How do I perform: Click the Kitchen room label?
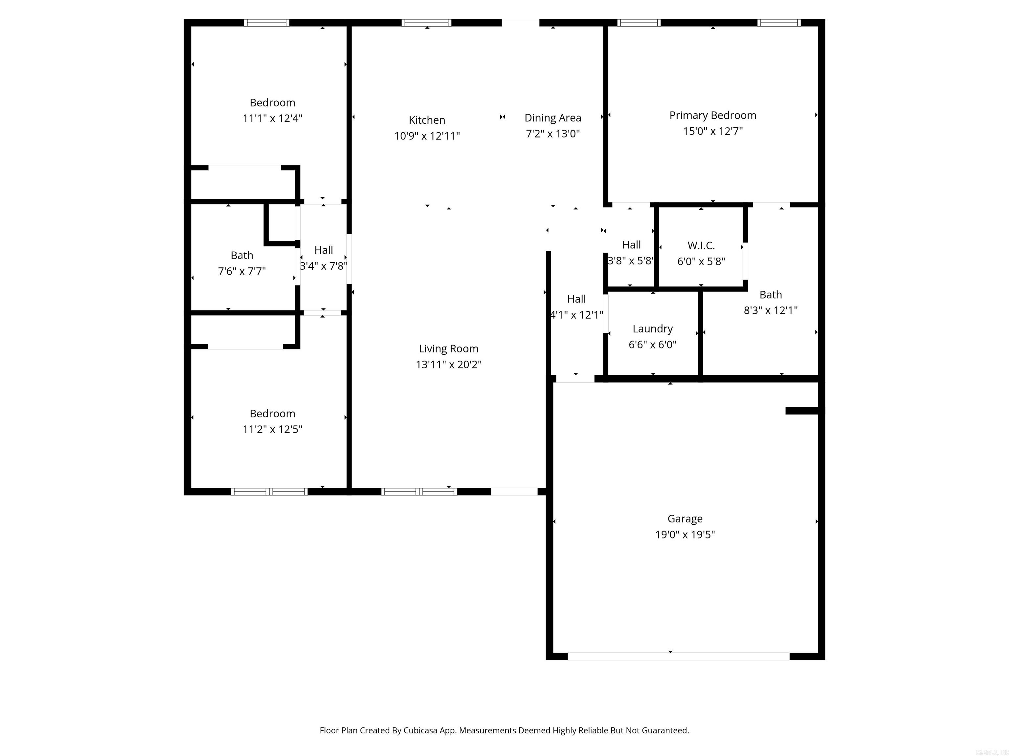click(427, 120)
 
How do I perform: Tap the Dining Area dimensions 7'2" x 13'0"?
click(552, 134)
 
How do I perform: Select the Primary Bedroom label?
click(712, 115)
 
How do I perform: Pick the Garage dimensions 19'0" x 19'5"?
click(685, 535)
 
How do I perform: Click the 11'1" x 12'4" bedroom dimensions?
click(272, 118)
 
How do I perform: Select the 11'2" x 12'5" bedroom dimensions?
click(272, 429)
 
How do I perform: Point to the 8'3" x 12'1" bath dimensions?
click(771, 310)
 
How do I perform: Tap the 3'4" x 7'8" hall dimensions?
click(324, 266)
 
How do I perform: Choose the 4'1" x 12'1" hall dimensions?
click(576, 315)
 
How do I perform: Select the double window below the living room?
click(419, 491)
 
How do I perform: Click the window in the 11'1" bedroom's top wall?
click(266, 23)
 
